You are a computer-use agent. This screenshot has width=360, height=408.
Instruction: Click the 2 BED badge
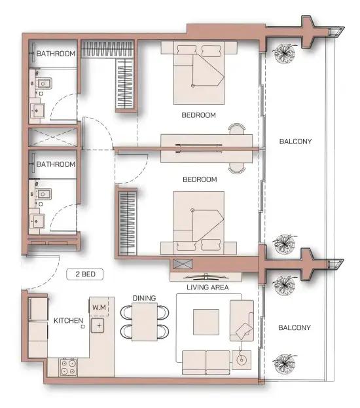coord(86,275)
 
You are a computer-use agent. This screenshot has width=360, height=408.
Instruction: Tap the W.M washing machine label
coord(99,307)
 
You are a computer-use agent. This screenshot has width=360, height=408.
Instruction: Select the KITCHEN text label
coord(68,321)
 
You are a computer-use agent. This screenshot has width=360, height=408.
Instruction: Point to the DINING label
coord(144,299)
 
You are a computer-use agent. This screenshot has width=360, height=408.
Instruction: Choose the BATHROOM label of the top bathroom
coord(56,54)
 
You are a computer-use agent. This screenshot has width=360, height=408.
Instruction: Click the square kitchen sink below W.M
coord(99,325)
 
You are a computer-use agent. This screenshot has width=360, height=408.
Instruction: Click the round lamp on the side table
coord(240,359)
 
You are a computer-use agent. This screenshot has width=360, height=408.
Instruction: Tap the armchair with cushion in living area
coord(242,320)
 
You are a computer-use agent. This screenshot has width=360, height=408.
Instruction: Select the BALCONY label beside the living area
coord(295,327)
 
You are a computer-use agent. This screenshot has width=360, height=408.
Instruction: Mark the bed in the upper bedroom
coord(200,72)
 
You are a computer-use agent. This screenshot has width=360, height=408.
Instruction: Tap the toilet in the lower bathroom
coord(43,195)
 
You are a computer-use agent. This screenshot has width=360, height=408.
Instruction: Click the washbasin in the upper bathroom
coord(38,111)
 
